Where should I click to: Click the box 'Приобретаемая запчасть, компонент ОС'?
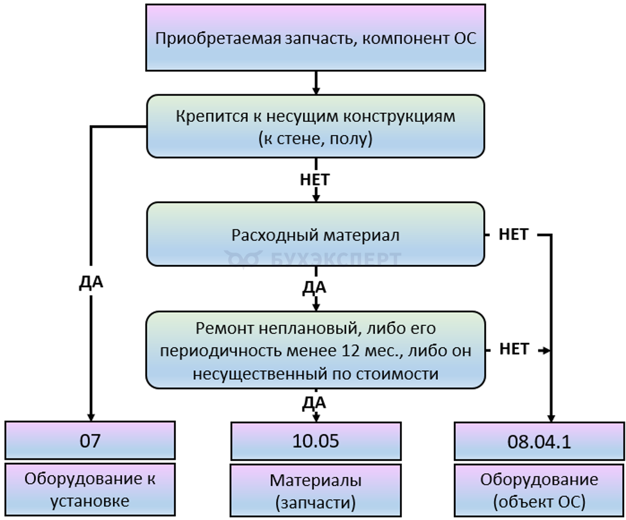(315, 38)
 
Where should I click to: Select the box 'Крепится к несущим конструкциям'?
(315, 126)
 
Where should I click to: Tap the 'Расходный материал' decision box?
(315, 235)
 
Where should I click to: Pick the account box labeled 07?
(90, 441)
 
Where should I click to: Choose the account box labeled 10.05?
(315, 441)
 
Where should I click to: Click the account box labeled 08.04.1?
(538, 442)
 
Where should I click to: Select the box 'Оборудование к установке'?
(90, 490)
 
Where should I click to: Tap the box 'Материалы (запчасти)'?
(315, 490)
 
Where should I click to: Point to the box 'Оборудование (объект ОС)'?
(538, 490)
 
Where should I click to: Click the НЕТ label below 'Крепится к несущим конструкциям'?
(315, 179)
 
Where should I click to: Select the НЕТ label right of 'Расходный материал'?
(513, 235)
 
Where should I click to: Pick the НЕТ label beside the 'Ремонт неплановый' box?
(513, 349)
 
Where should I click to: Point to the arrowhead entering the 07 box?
(91, 416)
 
